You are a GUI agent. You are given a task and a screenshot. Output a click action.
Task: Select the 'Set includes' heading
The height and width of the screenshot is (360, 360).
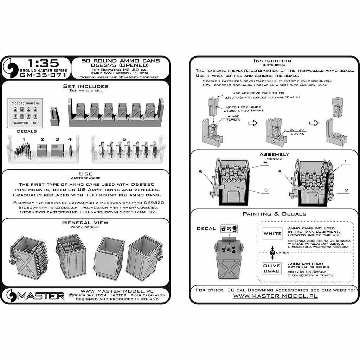tap(86, 86)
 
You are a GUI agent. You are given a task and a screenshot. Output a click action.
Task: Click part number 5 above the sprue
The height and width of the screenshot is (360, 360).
tap(124, 140)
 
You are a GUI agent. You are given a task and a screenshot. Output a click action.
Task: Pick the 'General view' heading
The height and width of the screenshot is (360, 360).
tap(85, 223)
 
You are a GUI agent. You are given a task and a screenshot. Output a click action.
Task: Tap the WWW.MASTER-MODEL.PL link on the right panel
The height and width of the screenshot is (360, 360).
tap(275, 296)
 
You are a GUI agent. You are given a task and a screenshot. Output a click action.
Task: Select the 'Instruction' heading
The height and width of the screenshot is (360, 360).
tap(272, 61)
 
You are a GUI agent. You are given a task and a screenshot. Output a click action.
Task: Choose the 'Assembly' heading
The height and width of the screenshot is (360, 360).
tap(274, 154)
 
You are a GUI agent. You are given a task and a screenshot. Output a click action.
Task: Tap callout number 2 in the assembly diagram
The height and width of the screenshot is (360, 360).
tap(346, 190)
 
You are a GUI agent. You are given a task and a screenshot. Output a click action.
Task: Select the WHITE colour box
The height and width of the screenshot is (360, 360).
tap(273, 233)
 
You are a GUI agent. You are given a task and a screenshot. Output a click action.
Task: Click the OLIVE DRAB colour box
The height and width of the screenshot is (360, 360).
tap(272, 268)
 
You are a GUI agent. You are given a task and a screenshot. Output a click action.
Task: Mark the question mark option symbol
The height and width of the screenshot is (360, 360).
tap(272, 252)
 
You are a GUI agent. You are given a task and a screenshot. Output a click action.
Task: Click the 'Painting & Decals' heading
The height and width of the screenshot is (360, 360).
tap(274, 214)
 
